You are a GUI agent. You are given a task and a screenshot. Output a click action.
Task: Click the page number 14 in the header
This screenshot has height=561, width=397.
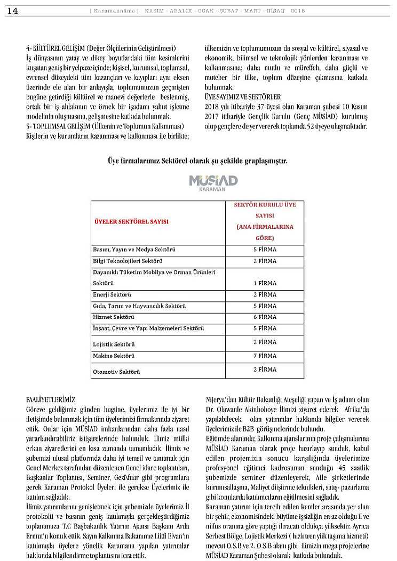point(13,11)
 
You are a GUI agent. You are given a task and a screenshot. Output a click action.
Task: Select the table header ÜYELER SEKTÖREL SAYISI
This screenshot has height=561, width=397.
point(131,221)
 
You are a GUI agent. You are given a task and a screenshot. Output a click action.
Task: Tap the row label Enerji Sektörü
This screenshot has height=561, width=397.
point(112,294)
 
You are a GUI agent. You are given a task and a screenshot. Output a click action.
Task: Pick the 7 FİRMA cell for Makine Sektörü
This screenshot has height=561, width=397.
point(265,356)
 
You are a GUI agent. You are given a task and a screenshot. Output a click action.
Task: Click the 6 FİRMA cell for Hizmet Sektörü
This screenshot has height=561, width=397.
point(265,317)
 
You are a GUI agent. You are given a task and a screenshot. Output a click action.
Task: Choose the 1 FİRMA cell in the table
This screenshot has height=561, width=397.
point(265,283)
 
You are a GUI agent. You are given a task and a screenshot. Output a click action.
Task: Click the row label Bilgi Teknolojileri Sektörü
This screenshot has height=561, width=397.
point(128,261)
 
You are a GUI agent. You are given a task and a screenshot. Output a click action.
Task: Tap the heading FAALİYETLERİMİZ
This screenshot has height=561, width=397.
point(51,399)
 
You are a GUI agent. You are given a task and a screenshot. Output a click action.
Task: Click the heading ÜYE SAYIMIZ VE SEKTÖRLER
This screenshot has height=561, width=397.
point(243,97)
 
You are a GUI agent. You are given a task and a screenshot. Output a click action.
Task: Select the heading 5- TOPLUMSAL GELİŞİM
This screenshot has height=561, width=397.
point(67,126)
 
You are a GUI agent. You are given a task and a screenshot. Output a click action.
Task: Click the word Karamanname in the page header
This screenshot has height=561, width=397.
point(113,11)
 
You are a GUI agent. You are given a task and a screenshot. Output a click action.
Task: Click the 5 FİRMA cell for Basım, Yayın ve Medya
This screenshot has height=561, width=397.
point(265,250)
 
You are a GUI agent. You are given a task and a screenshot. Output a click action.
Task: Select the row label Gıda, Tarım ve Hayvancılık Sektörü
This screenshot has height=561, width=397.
point(139,306)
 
